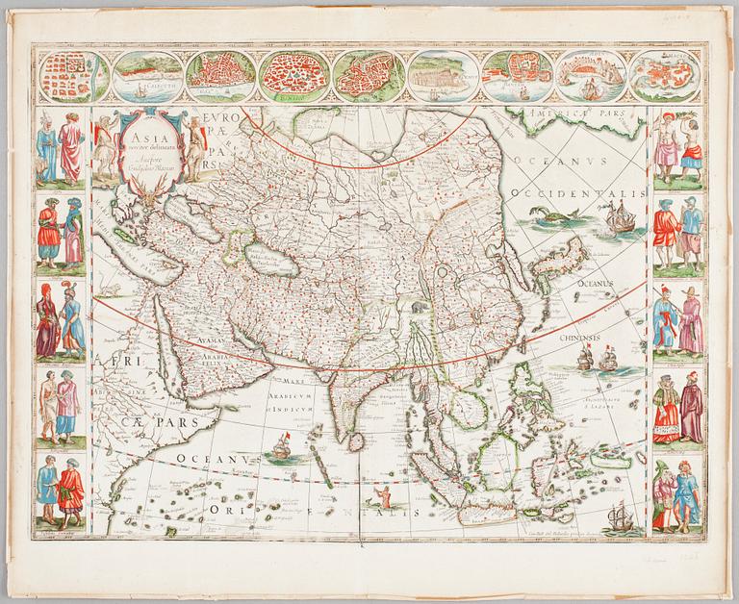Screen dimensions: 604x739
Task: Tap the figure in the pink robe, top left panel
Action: tap(69, 151)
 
